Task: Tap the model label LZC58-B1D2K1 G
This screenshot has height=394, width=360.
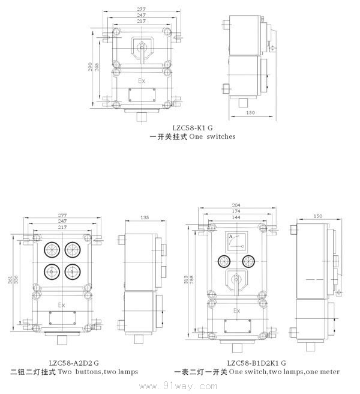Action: [x=256, y=363]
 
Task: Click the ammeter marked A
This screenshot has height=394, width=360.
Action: [x=236, y=242]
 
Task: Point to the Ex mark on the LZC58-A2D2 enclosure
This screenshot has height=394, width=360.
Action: [x=61, y=305]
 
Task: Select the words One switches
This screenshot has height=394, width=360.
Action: [x=212, y=136]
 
